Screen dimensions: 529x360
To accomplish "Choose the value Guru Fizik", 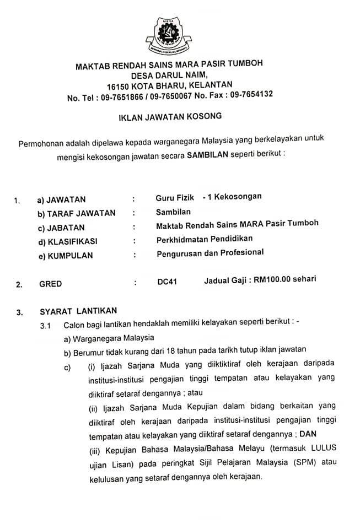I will [175, 197].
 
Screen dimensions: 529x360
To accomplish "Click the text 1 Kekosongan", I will [234, 196].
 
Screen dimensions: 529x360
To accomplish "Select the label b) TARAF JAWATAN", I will [76, 213].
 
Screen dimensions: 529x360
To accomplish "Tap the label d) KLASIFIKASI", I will [67, 241].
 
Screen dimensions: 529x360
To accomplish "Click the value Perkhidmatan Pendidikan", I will [205, 239].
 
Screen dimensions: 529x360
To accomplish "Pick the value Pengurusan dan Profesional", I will [210, 253].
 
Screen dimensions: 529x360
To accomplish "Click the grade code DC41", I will [167, 282].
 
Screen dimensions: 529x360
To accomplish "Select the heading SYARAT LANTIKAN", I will [78, 311].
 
